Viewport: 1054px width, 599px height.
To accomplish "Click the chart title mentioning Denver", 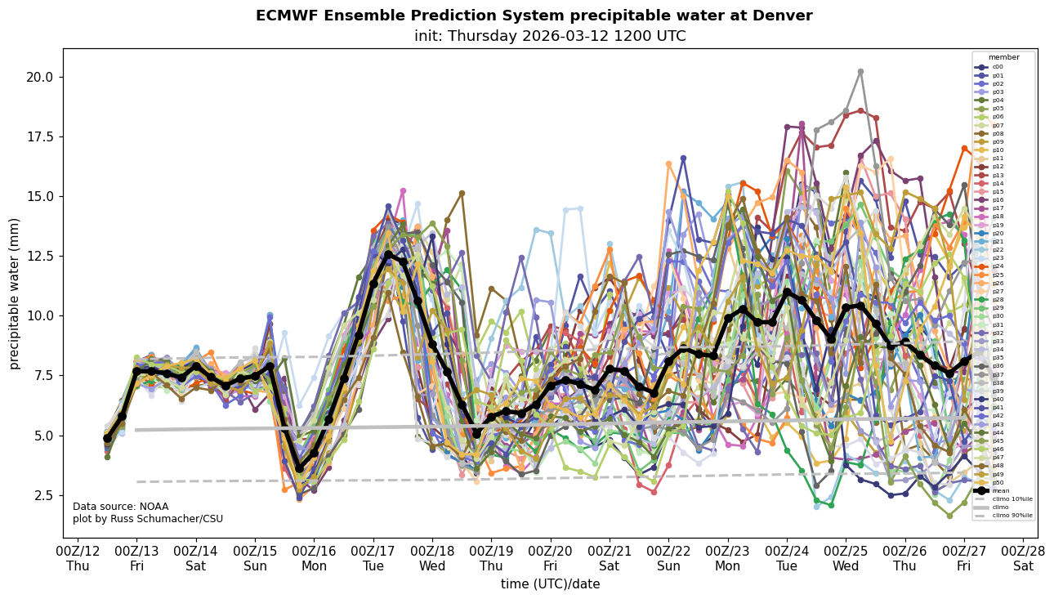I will point(534,16).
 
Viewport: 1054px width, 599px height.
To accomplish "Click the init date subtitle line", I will point(550,36).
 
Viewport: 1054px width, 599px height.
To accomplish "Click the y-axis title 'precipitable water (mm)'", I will point(15,293).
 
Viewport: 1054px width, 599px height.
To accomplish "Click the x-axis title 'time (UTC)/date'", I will point(550,583).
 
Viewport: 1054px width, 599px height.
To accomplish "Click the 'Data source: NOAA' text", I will point(120,507).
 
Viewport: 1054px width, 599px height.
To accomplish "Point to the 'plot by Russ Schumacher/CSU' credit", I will point(147,519).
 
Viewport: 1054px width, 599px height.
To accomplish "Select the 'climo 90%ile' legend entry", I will point(1012,516).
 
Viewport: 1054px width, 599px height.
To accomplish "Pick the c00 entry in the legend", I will point(997,67).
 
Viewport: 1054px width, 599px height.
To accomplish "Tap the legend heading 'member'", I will point(1003,57).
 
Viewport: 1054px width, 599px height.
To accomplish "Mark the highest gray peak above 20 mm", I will point(860,72).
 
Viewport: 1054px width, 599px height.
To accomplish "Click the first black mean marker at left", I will point(107,439).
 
